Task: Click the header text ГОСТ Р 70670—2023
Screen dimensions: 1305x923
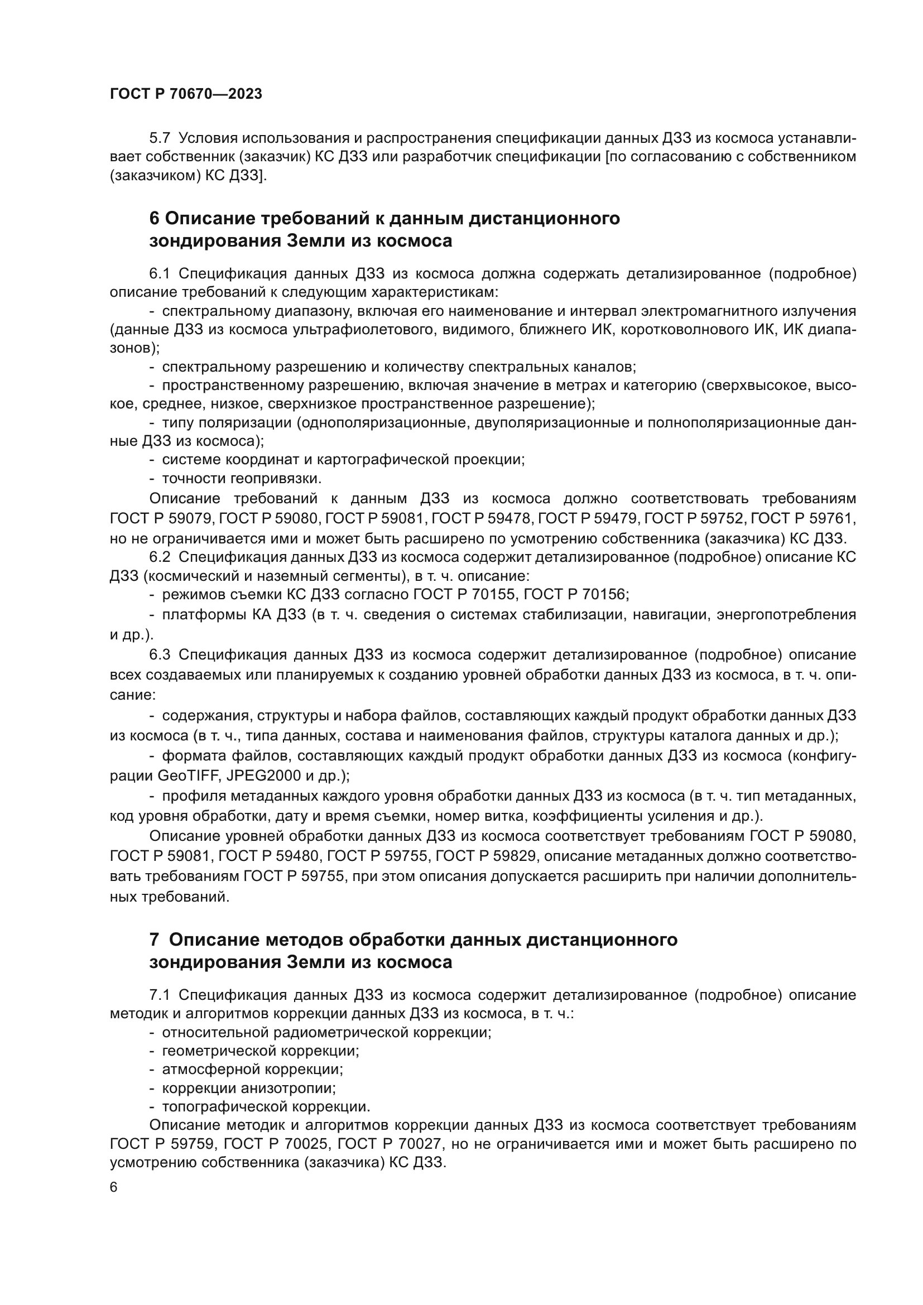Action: click(186, 94)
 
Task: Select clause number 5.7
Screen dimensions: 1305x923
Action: click(160, 138)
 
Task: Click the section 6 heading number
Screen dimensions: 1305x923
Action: click(154, 218)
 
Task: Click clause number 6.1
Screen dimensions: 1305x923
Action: click(160, 274)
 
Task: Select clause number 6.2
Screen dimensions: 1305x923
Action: click(160, 557)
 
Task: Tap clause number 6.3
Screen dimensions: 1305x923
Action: click(160, 655)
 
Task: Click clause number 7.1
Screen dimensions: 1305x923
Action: click(160, 995)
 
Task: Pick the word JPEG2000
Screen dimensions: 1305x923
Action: click(258, 776)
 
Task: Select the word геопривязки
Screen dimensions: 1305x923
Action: click(276, 479)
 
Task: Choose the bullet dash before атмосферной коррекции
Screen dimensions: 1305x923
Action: click(152, 1070)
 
